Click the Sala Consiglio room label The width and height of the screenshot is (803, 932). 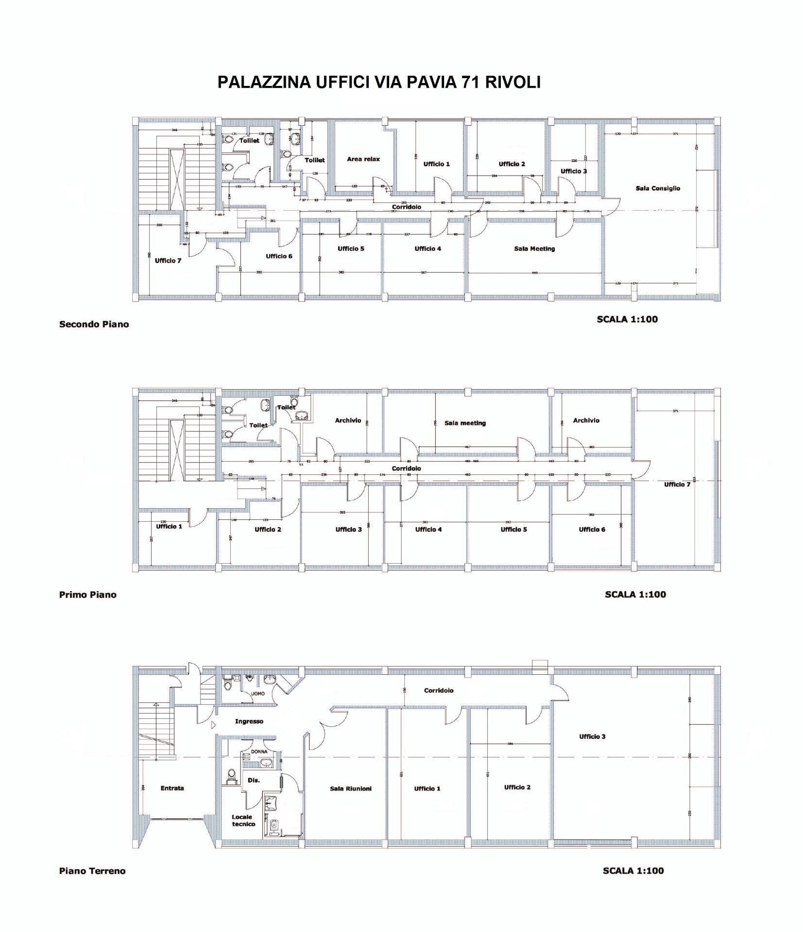(658, 188)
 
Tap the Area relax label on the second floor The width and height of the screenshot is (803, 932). (363, 159)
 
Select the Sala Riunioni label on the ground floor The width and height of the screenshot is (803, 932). (350, 789)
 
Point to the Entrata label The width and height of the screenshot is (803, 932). (172, 788)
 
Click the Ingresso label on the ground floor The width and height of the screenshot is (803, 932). (249, 721)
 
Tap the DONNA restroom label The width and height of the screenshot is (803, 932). (259, 752)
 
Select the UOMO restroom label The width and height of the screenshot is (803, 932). (258, 694)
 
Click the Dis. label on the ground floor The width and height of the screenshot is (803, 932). (254, 781)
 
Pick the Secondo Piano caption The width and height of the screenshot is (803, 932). (94, 324)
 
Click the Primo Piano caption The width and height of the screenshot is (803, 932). (87, 595)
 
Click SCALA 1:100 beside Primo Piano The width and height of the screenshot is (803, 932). (635, 594)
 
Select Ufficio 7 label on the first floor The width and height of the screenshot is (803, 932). (677, 484)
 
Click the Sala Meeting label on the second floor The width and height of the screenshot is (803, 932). (534, 249)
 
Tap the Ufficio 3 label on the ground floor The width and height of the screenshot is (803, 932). (592, 736)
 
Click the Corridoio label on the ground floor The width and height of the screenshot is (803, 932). (438, 690)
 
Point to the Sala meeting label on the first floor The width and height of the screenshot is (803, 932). (465, 423)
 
